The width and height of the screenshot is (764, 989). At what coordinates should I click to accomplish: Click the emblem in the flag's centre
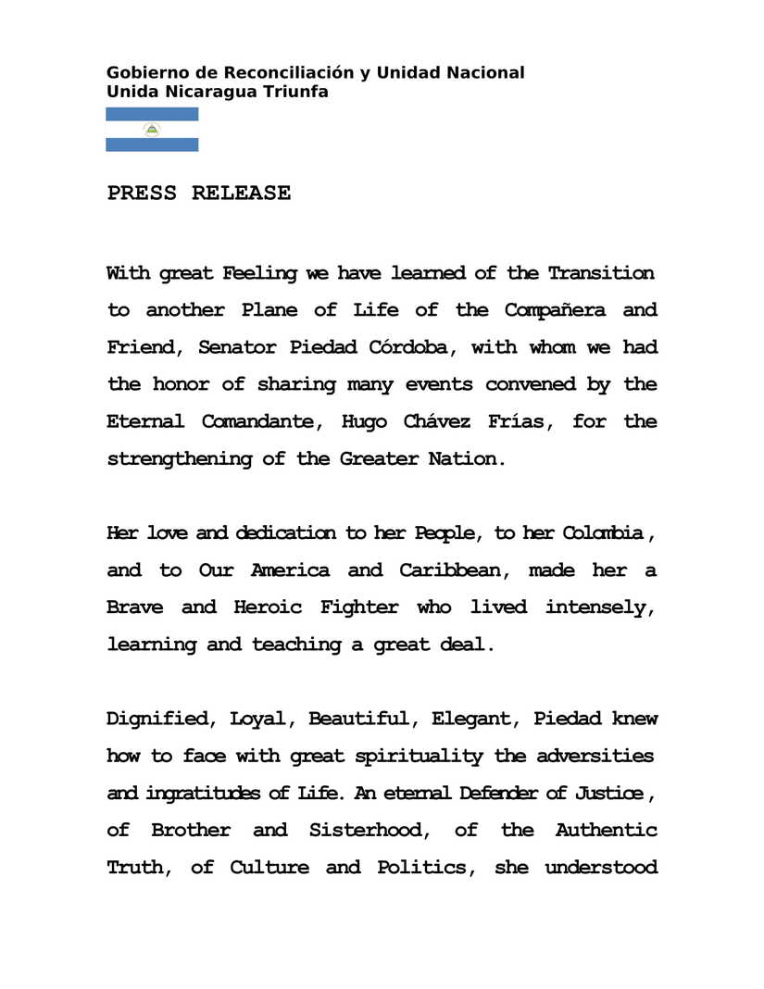tap(152, 130)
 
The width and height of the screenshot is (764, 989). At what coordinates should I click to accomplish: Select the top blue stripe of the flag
tap(152, 114)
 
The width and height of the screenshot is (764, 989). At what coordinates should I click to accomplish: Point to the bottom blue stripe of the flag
tap(152, 145)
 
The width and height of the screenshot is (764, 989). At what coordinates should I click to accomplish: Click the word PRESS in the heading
tap(142, 194)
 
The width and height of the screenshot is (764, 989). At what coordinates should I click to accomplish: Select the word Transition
tap(600, 273)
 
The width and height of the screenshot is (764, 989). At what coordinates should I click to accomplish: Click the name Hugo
tap(364, 421)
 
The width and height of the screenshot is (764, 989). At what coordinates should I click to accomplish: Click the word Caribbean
tap(452, 570)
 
